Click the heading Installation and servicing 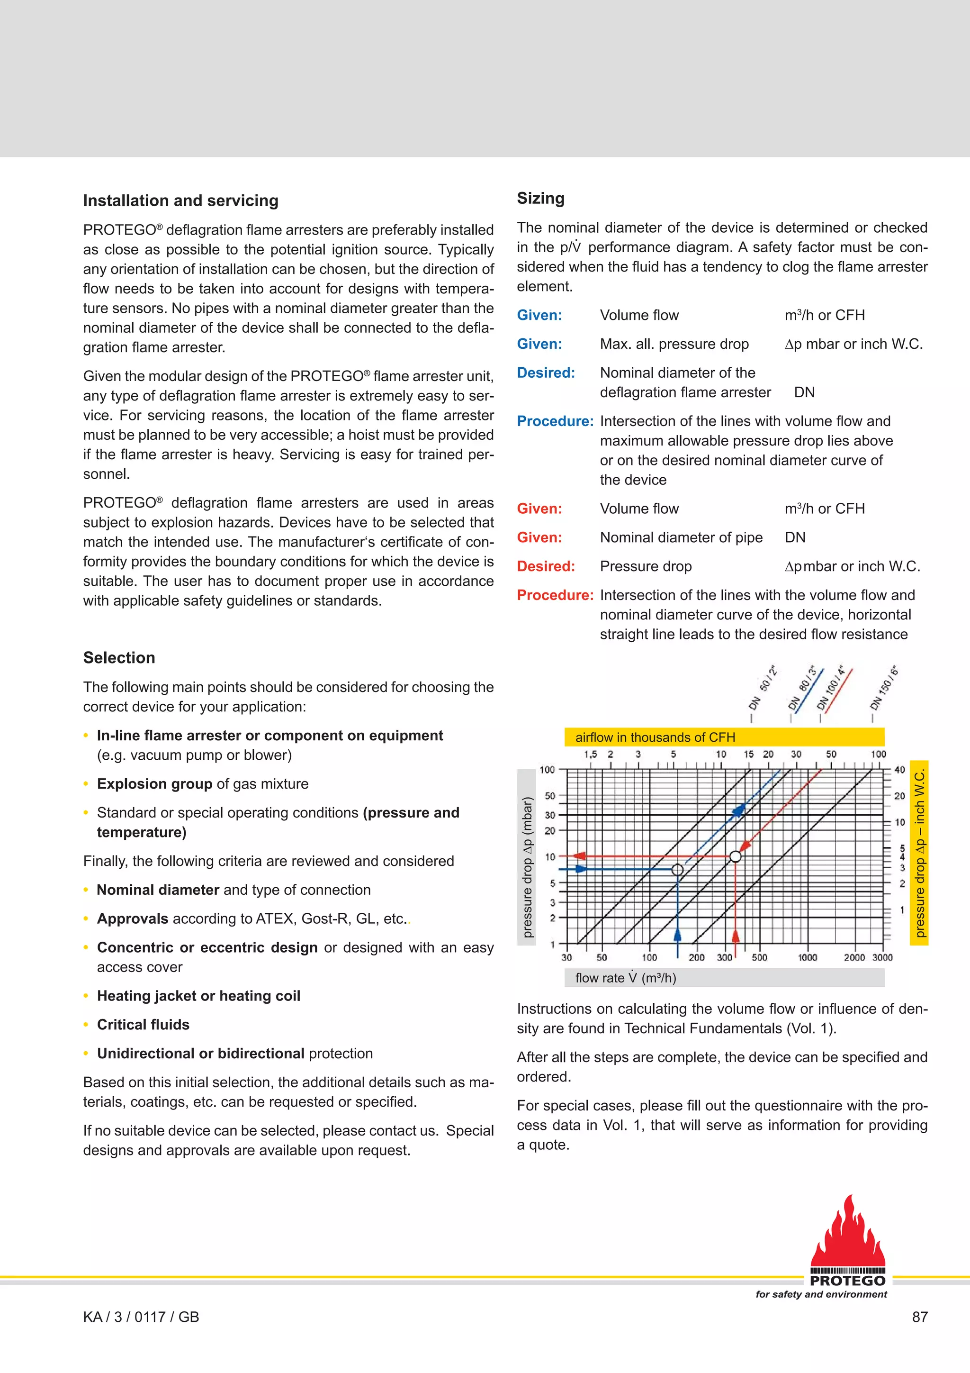[180, 200]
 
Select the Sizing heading [540, 198]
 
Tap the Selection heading [119, 657]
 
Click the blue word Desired [546, 373]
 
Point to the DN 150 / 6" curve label [885, 688]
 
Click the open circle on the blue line [677, 870]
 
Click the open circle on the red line [736, 856]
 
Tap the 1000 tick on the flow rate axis [808, 957]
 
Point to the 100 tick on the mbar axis [547, 770]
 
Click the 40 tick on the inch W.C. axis [899, 770]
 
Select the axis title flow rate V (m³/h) [625, 978]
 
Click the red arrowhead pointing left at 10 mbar [579, 856]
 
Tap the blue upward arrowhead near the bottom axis [677, 936]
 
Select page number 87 [920, 1317]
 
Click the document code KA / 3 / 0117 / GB [141, 1317]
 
